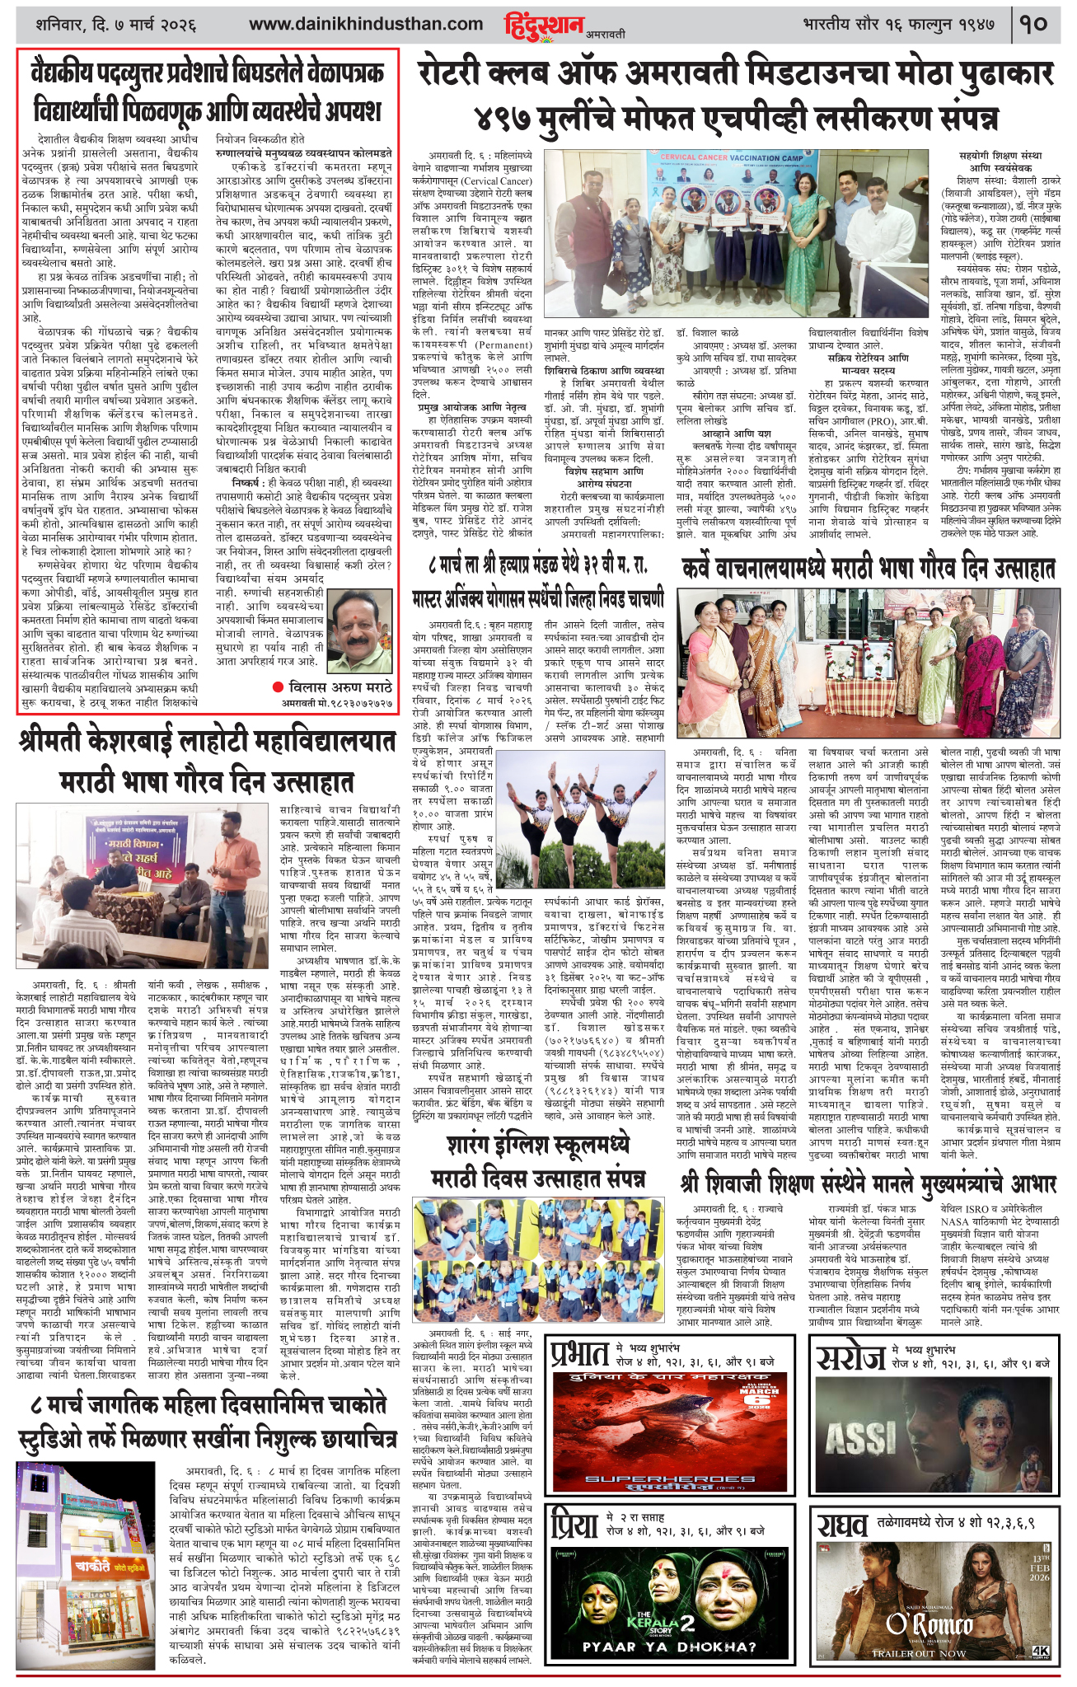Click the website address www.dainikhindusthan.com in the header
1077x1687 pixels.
366,24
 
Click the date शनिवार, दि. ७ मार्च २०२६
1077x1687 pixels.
115,24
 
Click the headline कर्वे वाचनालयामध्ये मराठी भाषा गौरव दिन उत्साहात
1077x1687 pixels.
869,569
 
